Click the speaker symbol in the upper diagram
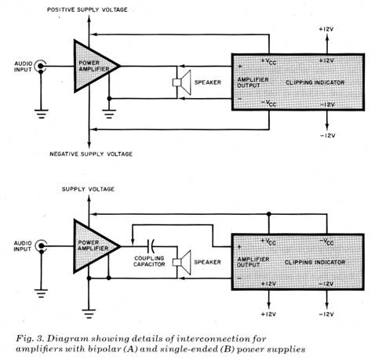181,82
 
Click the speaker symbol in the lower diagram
181,262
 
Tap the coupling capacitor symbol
151,246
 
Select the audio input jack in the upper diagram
41,66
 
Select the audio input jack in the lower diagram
41,245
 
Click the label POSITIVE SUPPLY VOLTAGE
87,9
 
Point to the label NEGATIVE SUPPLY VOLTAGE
91,154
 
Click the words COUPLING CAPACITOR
149,261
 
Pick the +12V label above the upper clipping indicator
326,29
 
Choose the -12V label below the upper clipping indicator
328,136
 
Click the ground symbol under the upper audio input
41,114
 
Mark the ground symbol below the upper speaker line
109,114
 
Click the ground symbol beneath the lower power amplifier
89,314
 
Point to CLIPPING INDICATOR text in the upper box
315,82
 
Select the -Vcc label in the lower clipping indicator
327,242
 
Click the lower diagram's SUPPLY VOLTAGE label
88,189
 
